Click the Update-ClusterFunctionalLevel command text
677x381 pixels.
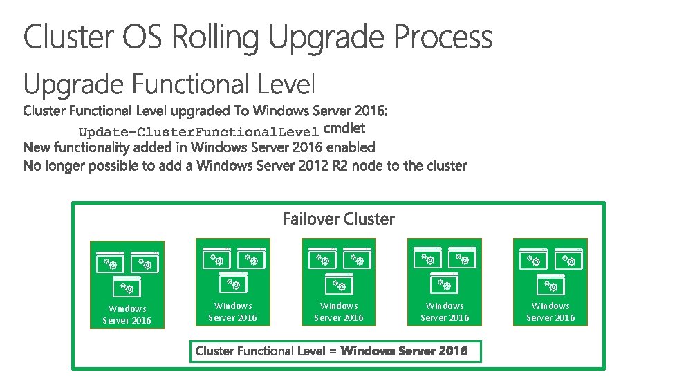[198, 131]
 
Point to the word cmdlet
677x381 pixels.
[344, 129]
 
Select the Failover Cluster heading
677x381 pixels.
[338, 219]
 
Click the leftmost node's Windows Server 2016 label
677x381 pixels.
[127, 315]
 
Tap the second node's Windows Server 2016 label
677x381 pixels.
[233, 312]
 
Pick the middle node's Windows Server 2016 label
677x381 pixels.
[339, 312]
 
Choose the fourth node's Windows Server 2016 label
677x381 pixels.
[445, 312]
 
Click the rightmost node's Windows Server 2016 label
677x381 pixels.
[550, 312]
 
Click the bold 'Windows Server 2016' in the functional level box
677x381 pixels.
[404, 351]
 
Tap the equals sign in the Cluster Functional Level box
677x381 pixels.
[333, 351]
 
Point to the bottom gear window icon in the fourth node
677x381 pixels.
[445, 282]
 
